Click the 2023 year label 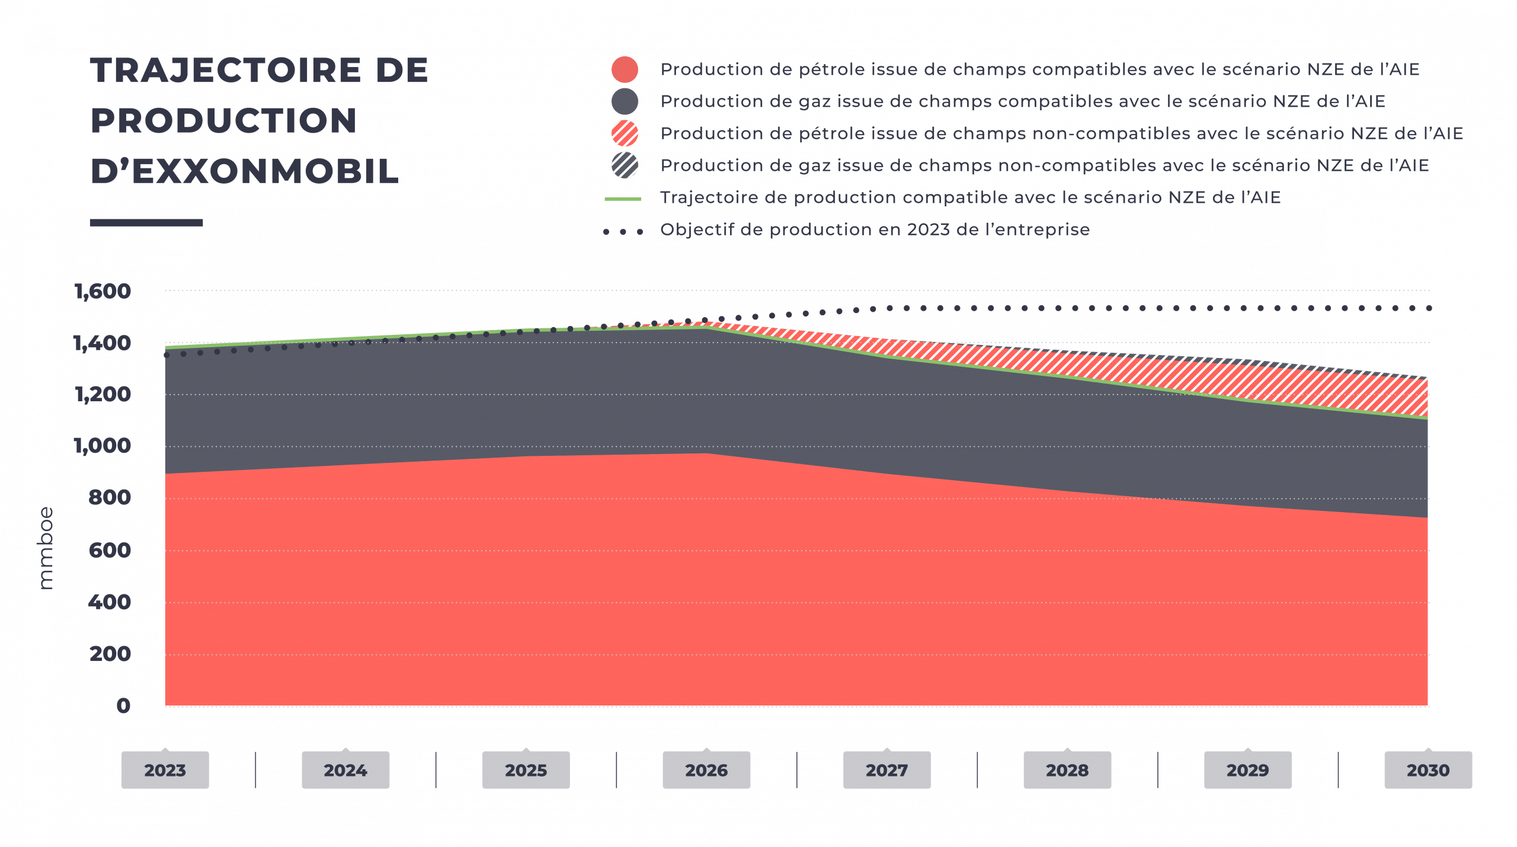coord(165,770)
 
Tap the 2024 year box coord(345,770)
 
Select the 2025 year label coord(526,770)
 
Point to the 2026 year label coord(706,770)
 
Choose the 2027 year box coord(886,770)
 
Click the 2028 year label coord(1067,770)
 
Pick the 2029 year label coord(1247,770)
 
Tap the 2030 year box coord(1428,770)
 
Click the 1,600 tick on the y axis coord(103,292)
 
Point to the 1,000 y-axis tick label coord(103,446)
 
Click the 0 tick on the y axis coord(123,705)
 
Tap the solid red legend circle coord(625,70)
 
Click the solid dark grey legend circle coord(625,102)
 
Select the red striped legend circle coord(625,133)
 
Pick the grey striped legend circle coord(625,165)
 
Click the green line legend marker coord(623,199)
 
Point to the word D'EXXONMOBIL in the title coord(244,171)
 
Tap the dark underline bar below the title coord(147,223)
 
